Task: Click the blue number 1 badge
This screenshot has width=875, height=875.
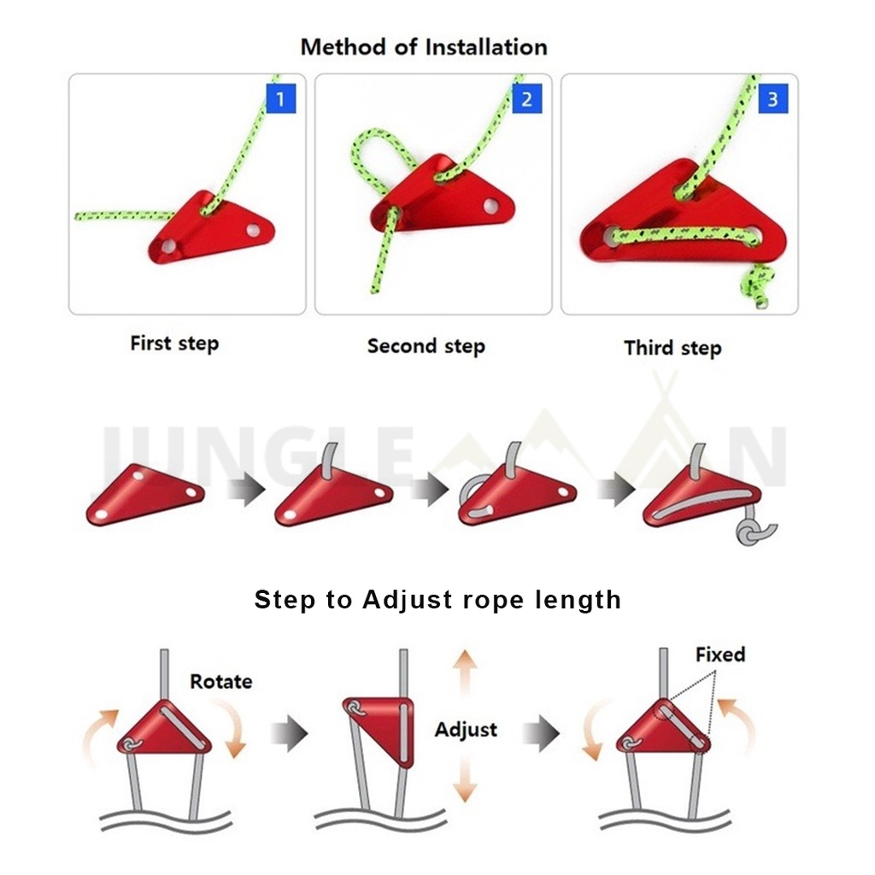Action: coord(280,98)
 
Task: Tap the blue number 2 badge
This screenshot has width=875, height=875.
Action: coord(526,98)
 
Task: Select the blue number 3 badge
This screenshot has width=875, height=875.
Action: coord(772,98)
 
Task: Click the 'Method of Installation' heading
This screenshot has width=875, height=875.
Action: coord(424,47)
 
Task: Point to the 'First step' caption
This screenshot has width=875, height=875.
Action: coord(174,344)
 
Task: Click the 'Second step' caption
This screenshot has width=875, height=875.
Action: coord(426,346)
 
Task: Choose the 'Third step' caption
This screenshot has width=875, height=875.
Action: coord(672,348)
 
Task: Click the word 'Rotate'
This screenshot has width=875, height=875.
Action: coord(221,681)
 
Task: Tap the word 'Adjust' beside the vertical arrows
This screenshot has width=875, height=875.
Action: coord(466,730)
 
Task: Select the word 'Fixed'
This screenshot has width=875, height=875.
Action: coord(719,655)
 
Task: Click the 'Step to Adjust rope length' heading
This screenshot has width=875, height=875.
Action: coord(437,599)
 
